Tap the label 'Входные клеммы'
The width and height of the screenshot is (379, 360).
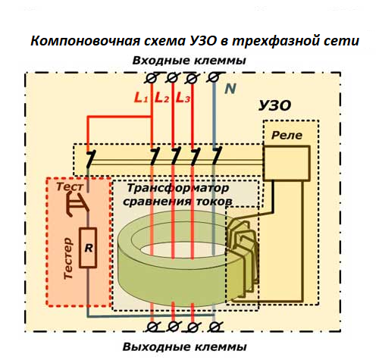189,61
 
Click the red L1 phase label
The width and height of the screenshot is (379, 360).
141,98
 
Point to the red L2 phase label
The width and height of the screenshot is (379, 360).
161,98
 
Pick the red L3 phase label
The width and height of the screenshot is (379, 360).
182,98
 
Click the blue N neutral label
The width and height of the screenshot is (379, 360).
230,89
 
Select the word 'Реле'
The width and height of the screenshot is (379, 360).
287,136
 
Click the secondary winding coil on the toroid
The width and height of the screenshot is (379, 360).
245,250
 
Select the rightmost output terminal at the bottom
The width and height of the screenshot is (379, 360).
215,327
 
